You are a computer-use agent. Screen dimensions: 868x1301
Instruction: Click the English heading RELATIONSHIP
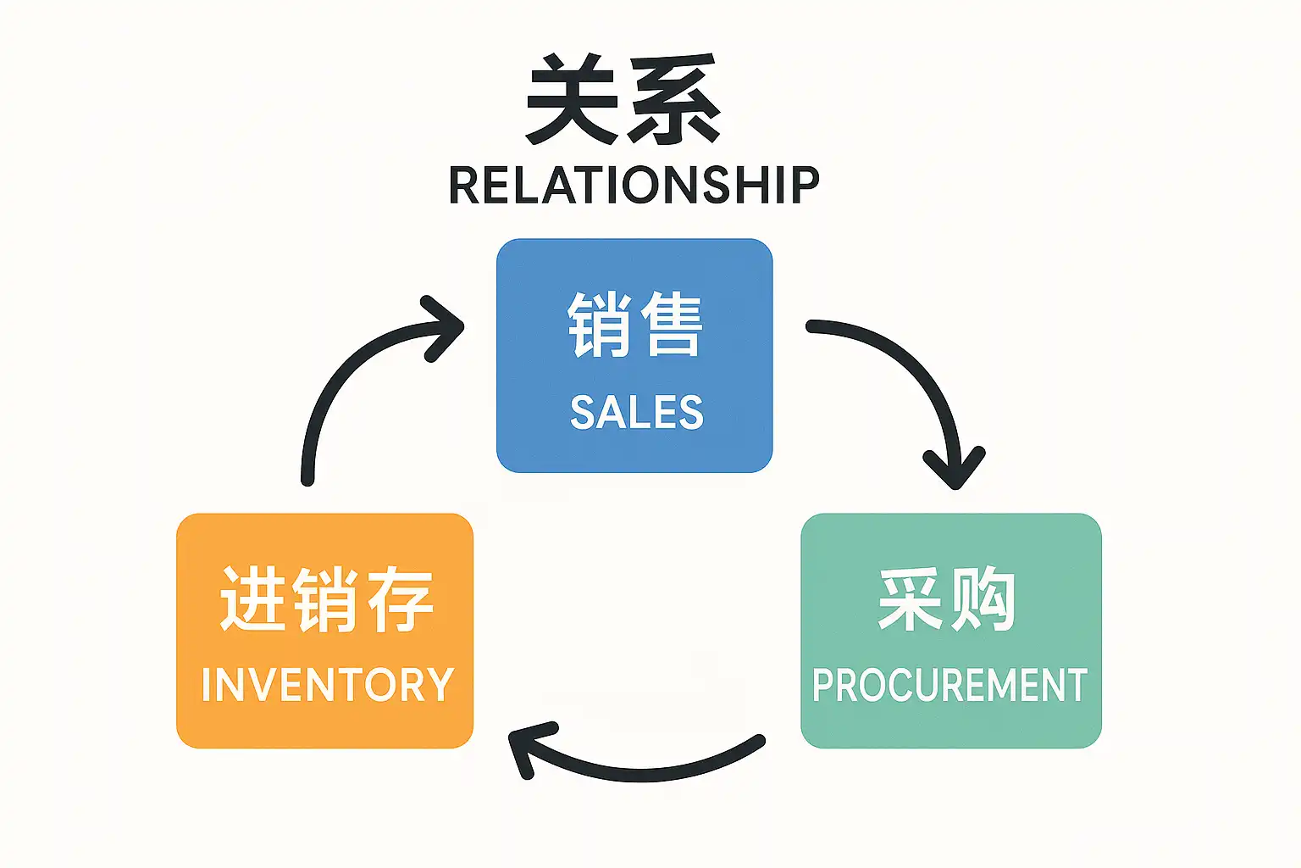634,185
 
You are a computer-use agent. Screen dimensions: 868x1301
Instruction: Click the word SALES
636,413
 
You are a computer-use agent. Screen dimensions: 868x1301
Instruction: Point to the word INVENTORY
327,685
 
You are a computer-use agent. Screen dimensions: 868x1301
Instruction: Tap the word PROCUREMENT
949,685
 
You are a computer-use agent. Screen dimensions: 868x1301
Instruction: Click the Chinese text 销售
634,324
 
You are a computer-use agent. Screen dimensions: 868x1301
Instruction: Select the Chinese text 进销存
326,599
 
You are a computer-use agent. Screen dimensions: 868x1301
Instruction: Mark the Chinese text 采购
947,599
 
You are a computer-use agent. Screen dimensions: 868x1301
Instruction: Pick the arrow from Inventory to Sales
347,381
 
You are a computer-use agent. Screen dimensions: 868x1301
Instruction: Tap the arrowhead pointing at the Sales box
445,327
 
